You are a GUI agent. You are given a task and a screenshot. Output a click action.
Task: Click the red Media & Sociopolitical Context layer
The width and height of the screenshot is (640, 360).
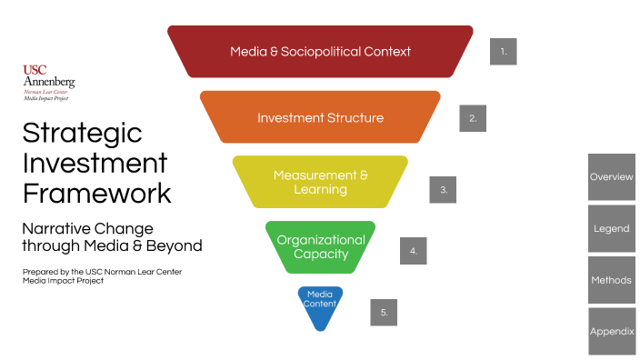(x=320, y=51)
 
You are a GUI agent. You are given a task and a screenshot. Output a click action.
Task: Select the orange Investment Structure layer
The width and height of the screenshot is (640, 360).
(x=320, y=117)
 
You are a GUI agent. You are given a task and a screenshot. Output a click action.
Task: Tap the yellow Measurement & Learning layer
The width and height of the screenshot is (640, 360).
(x=320, y=182)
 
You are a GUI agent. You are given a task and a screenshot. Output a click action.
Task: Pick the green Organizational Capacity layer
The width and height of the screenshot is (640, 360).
(x=320, y=246)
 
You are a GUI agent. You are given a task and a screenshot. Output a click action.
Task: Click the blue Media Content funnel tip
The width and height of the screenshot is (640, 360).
(x=320, y=305)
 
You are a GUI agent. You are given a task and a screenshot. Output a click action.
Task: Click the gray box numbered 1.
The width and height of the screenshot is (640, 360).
(x=503, y=52)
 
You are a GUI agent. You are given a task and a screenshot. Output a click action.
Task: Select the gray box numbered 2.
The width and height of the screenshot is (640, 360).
(x=473, y=118)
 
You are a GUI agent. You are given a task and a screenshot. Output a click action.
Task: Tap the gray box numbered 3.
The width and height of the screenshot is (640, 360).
(x=443, y=190)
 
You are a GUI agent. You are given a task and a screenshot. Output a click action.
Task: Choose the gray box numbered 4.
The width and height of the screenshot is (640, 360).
(x=413, y=250)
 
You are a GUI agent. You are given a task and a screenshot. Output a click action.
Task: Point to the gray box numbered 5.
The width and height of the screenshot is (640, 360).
(x=384, y=312)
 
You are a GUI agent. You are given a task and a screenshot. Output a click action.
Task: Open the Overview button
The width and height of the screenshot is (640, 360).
(x=611, y=177)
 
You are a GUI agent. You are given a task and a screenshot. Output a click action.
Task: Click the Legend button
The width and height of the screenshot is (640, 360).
(x=611, y=229)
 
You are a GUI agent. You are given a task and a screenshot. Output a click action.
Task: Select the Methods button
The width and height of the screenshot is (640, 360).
(x=611, y=280)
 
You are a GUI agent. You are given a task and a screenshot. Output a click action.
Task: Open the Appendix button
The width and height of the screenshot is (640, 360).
(x=611, y=332)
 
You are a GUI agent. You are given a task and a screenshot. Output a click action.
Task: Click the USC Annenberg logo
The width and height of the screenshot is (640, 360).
(x=48, y=83)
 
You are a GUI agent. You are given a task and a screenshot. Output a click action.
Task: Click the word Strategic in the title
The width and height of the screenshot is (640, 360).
(x=82, y=133)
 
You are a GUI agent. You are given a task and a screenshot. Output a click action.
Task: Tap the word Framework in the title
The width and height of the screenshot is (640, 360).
(x=96, y=193)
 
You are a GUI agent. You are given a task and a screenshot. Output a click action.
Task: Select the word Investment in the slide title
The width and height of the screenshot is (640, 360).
(x=95, y=163)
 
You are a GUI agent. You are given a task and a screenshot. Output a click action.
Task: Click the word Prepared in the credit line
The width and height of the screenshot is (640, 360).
(x=39, y=272)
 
